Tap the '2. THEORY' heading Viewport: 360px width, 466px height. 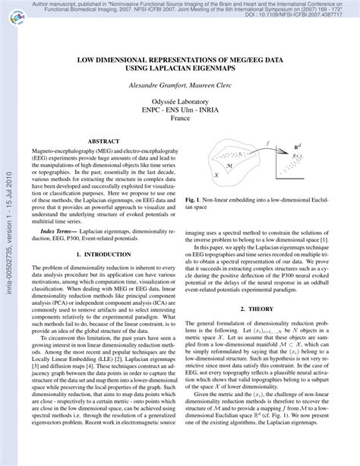point(272,309)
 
